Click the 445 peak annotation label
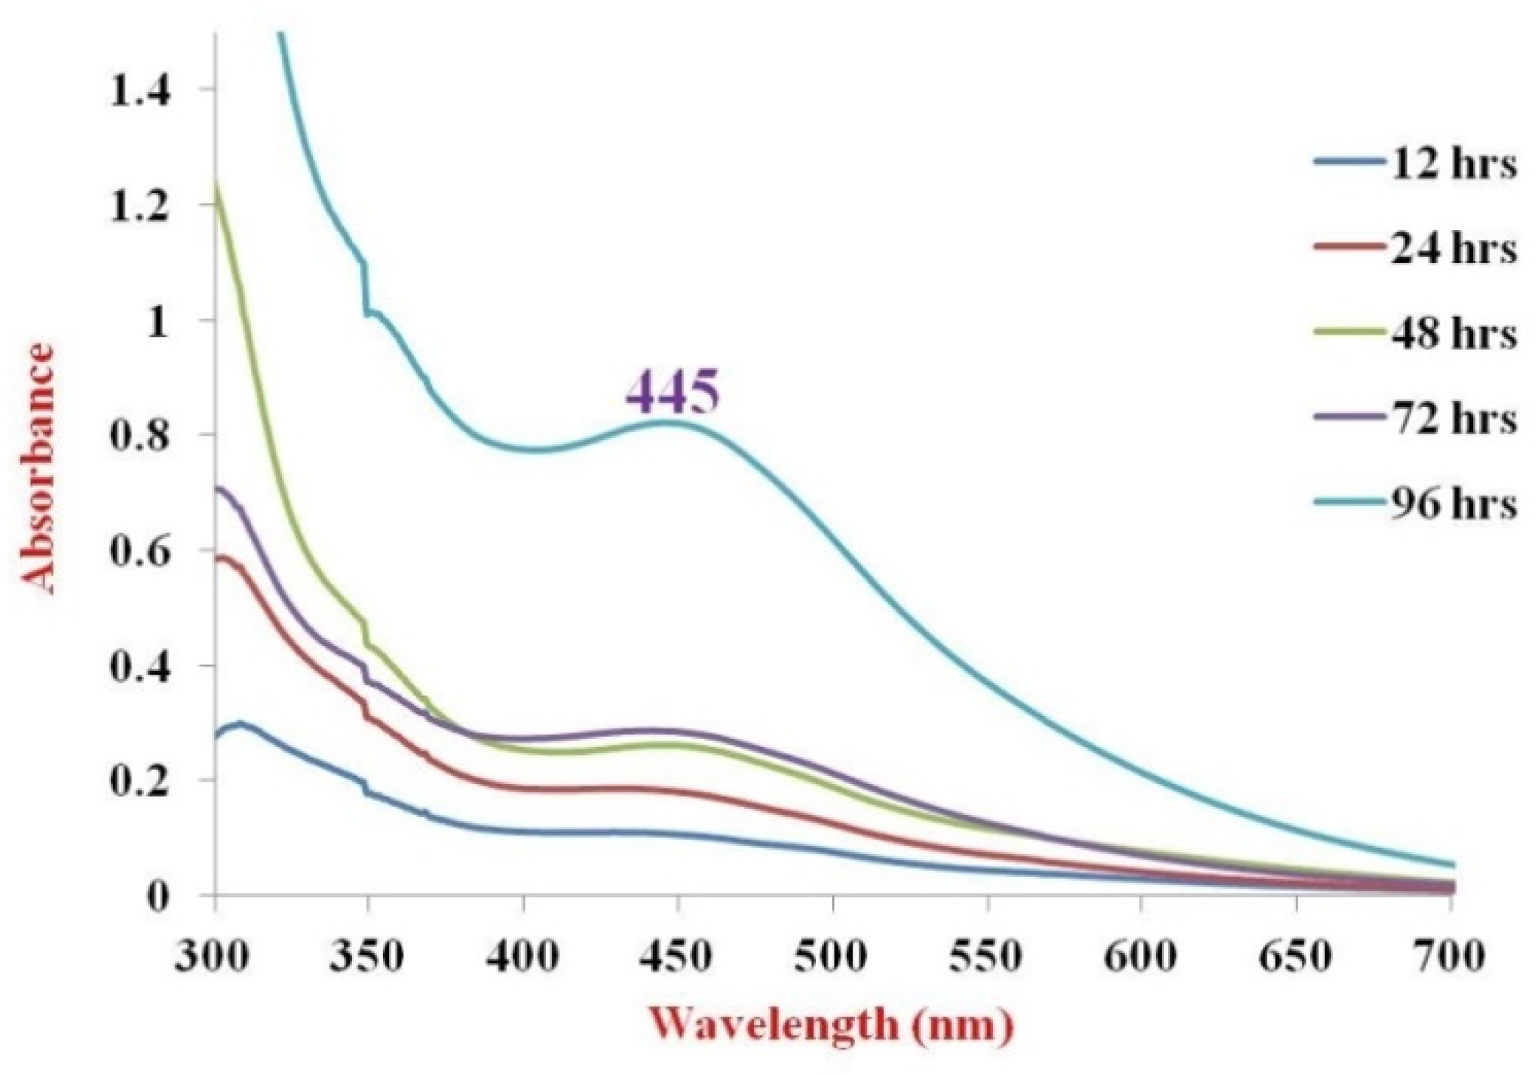tap(673, 393)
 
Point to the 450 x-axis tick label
tap(676, 955)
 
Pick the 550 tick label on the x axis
tap(985, 955)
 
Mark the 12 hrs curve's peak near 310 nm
tap(240, 723)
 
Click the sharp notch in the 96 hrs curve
tap(366, 290)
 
